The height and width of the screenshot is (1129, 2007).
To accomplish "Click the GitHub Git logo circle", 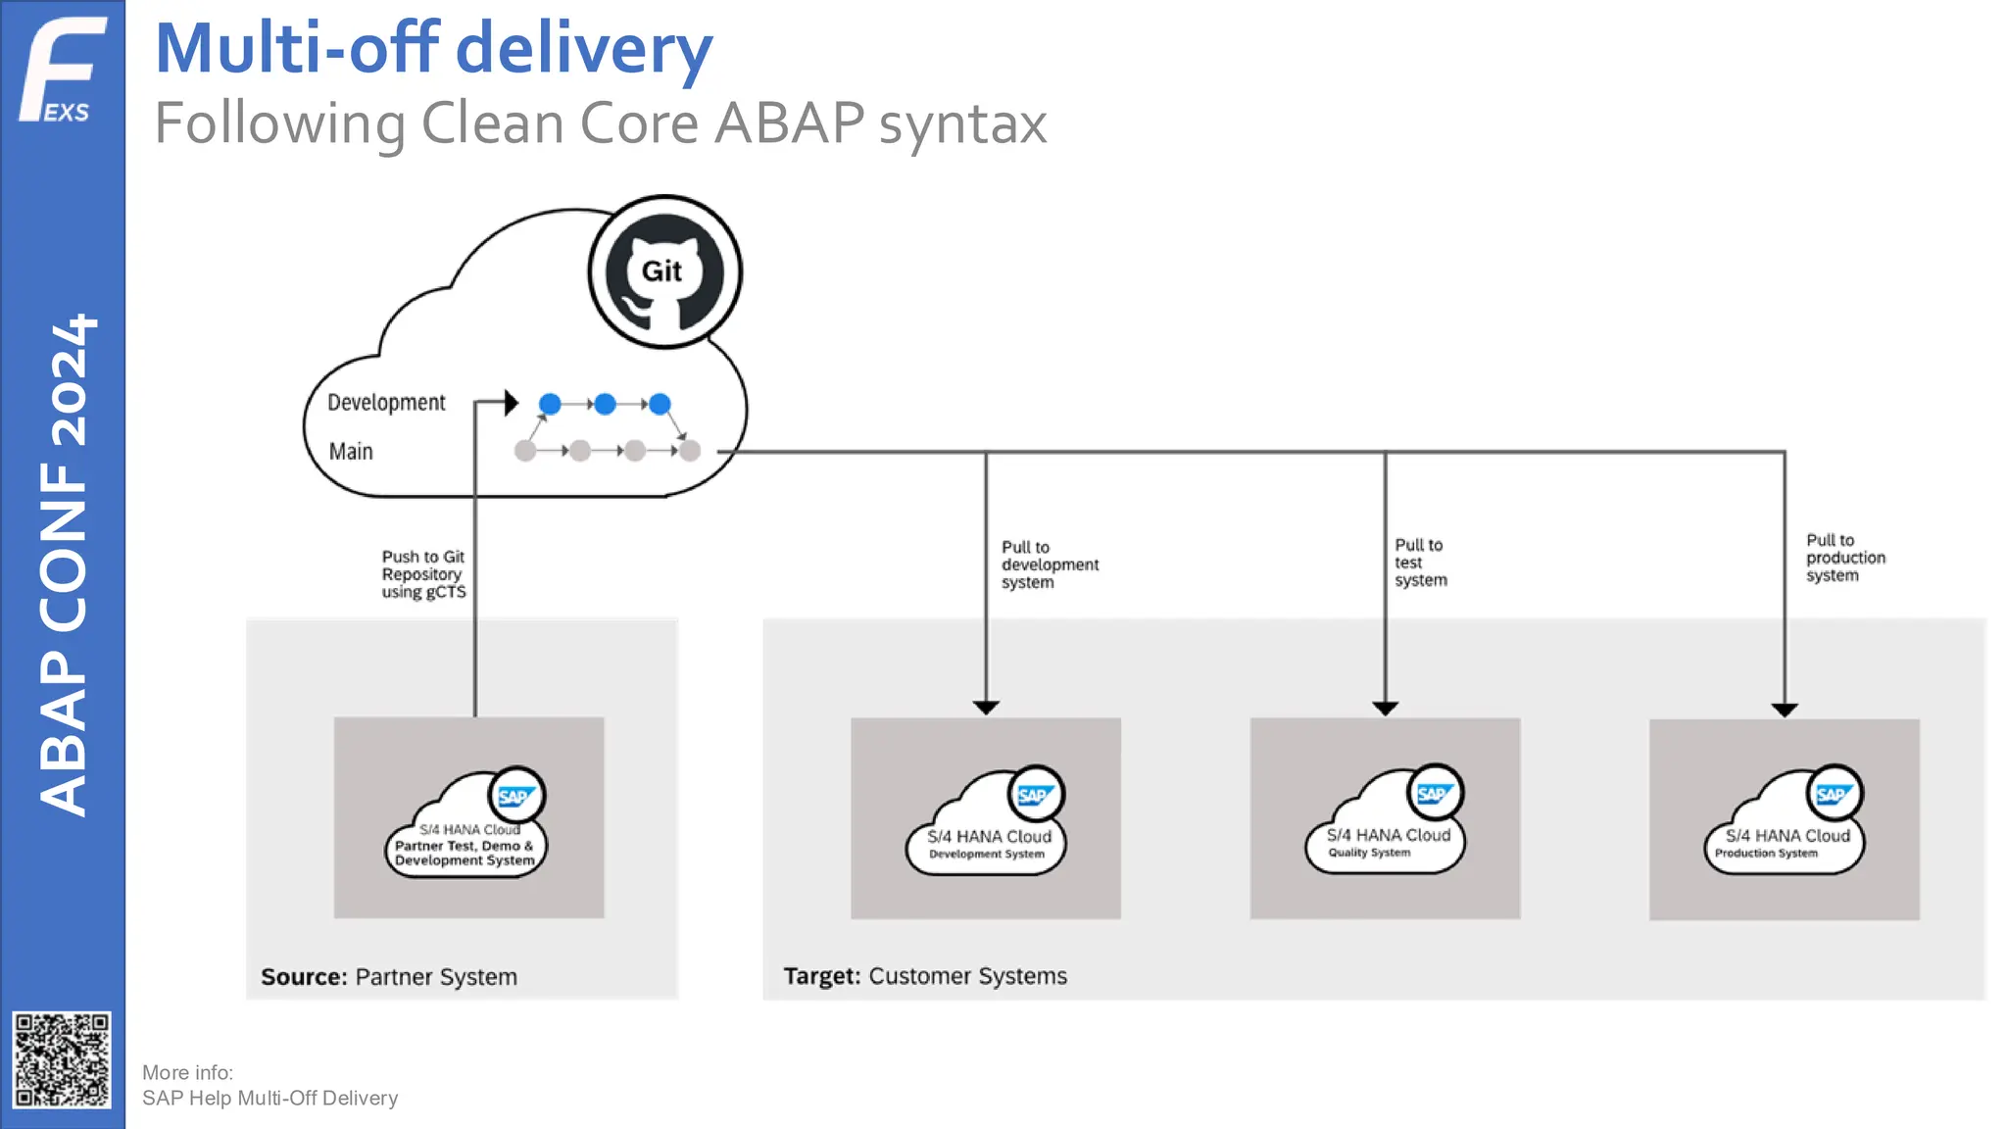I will pyautogui.click(x=664, y=271).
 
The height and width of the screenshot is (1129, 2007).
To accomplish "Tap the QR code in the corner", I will pyautogui.click(x=62, y=1059).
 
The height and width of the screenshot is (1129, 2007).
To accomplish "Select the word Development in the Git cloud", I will pyautogui.click(x=386, y=403).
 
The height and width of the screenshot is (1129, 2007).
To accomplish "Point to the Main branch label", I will pyautogui.click(x=351, y=452).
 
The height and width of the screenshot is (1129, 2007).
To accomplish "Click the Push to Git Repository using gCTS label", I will pyautogui.click(x=423, y=574).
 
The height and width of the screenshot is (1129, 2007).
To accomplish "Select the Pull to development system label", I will pyautogui.click(x=1049, y=564).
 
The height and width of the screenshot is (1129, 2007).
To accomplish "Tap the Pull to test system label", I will pyautogui.click(x=1420, y=563).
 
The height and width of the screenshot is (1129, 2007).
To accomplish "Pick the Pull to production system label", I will pyautogui.click(x=1844, y=558).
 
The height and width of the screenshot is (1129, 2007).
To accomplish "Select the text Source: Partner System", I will pyautogui.click(x=389, y=977).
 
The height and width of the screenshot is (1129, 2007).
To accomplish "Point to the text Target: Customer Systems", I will pyautogui.click(x=924, y=976).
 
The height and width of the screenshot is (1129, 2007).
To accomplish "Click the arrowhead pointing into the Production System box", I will pyautogui.click(x=1785, y=710).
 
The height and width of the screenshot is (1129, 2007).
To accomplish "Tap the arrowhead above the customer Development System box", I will pyautogui.click(x=986, y=707).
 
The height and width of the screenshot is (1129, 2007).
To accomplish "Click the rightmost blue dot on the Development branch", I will pyautogui.click(x=660, y=404).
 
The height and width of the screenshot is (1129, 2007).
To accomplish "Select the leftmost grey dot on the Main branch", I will pyautogui.click(x=525, y=451).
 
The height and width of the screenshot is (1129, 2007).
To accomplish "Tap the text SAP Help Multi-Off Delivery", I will pyautogui.click(x=269, y=1098).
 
